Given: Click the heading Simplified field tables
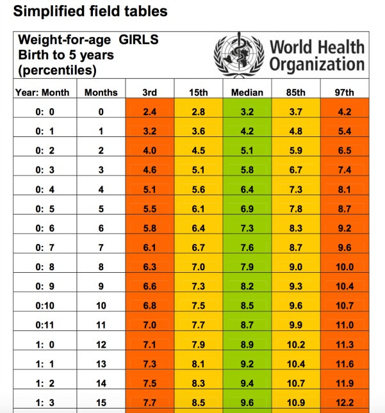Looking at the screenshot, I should pos(90,11).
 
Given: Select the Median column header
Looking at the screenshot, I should pos(247,92).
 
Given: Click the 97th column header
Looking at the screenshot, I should pos(344,92).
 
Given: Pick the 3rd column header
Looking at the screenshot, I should pos(149,92).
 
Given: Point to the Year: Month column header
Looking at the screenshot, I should pos(42,92).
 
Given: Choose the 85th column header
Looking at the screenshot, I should pos(295,92).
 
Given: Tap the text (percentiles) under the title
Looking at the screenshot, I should pos(58,69).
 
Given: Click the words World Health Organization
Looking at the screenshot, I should pos(316,56).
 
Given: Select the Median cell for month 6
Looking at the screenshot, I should pos(247,229).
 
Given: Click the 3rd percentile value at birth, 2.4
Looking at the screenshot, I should pos(149,112).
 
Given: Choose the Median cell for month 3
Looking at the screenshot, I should pos(247,170).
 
